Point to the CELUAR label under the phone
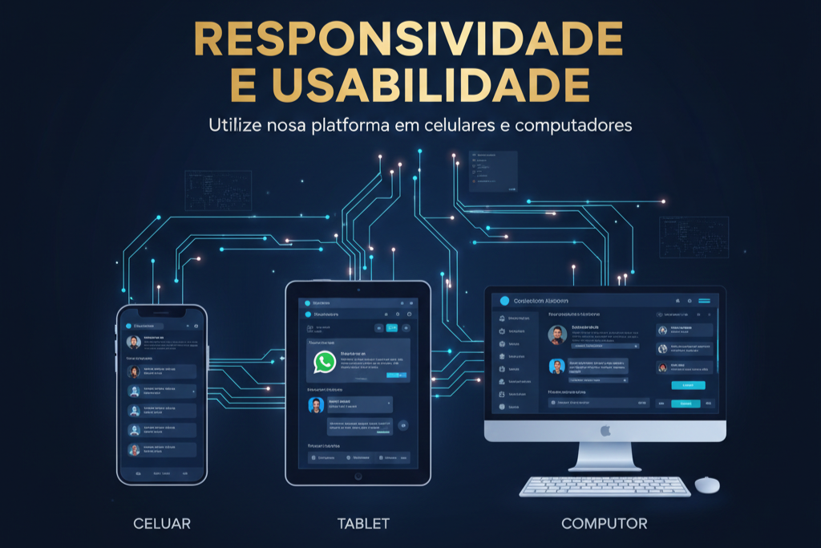(x=162, y=524)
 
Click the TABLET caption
(x=363, y=524)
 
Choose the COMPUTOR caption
(x=604, y=524)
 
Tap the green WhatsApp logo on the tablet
(x=324, y=362)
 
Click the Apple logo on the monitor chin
(x=605, y=432)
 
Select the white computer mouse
(x=706, y=485)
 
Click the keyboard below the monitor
(x=605, y=486)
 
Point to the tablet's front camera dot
(x=358, y=288)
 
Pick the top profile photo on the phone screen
(x=134, y=342)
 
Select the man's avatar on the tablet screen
(x=315, y=405)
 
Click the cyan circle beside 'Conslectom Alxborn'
(x=504, y=301)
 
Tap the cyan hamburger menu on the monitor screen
(x=705, y=300)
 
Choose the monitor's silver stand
(x=605, y=457)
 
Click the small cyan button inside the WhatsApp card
(x=396, y=375)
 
